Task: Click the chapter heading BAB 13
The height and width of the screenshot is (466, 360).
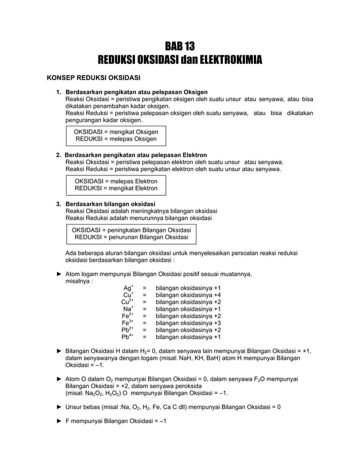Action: point(179,46)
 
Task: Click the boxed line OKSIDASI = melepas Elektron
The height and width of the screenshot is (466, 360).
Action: point(116,181)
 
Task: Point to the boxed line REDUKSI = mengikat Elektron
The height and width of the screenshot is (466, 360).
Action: point(116,188)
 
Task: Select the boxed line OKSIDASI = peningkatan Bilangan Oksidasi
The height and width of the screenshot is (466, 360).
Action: point(131,230)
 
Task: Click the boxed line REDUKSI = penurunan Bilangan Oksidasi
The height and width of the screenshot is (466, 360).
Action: point(131,238)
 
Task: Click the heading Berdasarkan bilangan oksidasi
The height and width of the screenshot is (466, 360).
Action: point(111,204)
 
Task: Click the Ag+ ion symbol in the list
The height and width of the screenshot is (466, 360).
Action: point(128,288)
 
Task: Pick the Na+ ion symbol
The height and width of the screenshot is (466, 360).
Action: point(128,309)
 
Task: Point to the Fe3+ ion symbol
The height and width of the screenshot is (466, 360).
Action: point(128,323)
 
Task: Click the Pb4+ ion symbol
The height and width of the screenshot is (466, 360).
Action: point(128,337)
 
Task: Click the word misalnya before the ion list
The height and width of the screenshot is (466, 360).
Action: point(78,282)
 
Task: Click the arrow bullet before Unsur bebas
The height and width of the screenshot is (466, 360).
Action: point(60,407)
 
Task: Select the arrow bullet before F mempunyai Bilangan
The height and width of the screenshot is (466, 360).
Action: point(60,423)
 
